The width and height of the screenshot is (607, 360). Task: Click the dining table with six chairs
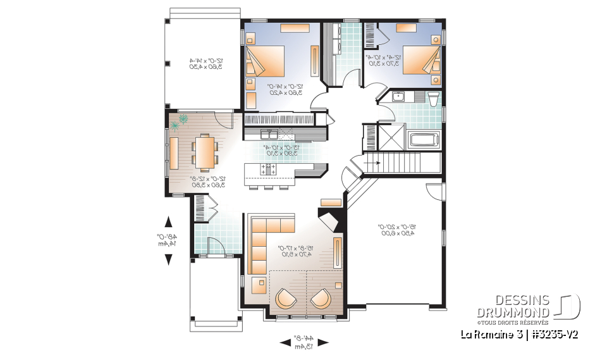point(204,152)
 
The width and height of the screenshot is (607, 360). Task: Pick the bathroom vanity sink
point(398,97)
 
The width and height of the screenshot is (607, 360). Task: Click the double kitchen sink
point(269,134)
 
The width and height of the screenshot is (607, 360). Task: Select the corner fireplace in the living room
point(329,223)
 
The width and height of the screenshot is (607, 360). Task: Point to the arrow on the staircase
point(374,163)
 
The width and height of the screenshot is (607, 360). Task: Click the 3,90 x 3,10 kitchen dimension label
point(278,152)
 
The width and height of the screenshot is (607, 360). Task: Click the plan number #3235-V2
point(555,333)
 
